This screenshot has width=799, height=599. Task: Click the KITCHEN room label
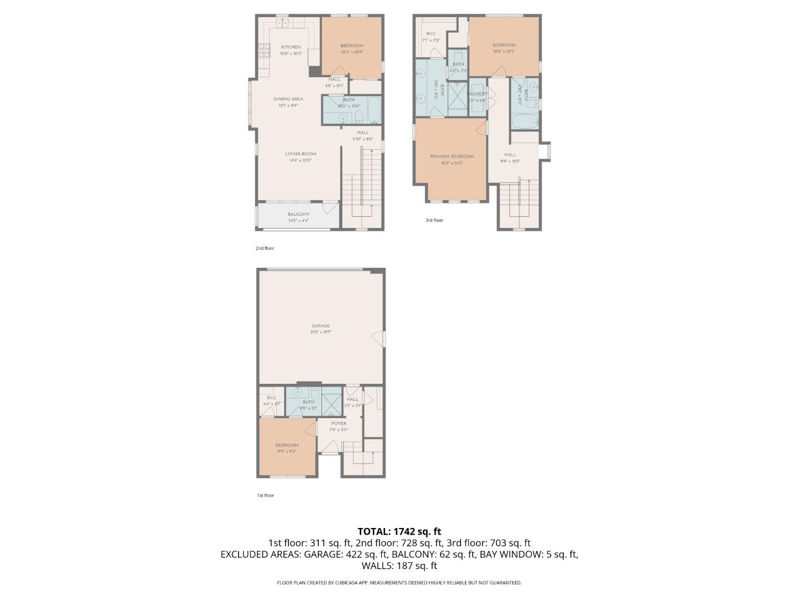291,47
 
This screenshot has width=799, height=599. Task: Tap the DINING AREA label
288,99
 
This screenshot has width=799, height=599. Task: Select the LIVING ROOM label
301,154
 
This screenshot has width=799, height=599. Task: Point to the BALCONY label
299,215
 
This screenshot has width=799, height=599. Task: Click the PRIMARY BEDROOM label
452,156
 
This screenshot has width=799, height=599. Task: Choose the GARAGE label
321,326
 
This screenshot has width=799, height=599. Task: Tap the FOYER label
338,424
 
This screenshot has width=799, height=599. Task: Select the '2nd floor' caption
265,248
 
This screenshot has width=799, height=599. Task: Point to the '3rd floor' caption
434,220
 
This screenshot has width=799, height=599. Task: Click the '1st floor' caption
265,495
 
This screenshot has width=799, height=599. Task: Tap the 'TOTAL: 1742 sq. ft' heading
399,531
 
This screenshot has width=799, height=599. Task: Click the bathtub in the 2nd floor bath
373,110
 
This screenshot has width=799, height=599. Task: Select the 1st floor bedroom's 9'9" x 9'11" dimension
287,451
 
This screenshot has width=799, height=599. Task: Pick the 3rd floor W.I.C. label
431,34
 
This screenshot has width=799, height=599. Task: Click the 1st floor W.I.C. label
271,398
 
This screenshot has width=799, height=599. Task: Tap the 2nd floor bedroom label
352,46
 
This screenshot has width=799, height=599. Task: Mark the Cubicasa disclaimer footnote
399,582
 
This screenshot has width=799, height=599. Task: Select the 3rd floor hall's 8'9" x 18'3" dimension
510,161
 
